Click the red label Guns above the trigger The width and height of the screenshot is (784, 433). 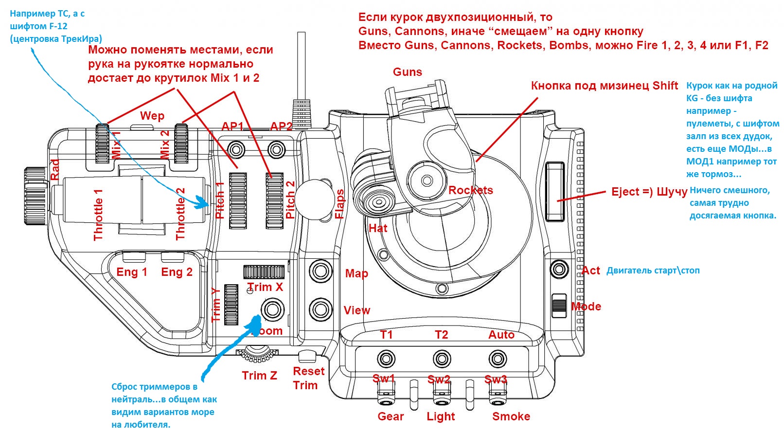(407, 72)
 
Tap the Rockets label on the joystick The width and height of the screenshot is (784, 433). (470, 190)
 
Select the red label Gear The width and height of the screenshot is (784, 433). (391, 416)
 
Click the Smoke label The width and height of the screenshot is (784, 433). (511, 416)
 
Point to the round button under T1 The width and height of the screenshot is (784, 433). (386, 360)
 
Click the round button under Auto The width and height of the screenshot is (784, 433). (498, 360)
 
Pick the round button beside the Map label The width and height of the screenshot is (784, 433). (321, 271)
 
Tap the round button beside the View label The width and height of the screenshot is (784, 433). (321, 309)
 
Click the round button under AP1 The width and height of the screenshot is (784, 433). (237, 148)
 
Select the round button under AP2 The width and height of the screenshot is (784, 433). (277, 148)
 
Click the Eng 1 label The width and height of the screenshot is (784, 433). (131, 272)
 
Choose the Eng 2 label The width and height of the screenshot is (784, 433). (177, 272)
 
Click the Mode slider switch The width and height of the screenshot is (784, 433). (559, 306)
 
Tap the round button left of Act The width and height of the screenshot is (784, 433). (559, 269)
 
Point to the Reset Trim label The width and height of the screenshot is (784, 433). (308, 378)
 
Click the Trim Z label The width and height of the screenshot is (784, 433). (259, 376)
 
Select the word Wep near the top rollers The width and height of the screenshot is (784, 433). (152, 116)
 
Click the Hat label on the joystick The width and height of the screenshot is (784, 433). (378, 228)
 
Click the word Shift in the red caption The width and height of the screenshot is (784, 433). (665, 86)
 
